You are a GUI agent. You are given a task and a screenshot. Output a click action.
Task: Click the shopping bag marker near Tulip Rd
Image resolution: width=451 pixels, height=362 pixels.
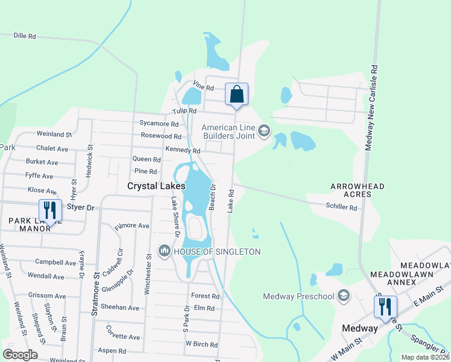(237, 95)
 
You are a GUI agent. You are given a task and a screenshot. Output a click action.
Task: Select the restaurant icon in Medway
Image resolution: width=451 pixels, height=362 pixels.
(385, 306)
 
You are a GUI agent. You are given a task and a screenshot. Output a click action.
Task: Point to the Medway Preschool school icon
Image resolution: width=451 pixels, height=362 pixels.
(344, 296)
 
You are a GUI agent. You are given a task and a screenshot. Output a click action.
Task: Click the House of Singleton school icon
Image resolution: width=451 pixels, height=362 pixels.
(165, 251)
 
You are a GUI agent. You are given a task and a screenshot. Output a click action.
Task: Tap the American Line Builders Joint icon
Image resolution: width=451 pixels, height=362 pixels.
(263, 130)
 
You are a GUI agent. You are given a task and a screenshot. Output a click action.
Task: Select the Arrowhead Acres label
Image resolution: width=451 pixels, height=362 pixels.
(357, 192)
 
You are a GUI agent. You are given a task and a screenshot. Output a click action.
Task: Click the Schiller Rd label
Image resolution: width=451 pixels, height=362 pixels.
(341, 208)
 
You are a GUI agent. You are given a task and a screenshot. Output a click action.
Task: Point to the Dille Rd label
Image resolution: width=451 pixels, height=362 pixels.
(25, 36)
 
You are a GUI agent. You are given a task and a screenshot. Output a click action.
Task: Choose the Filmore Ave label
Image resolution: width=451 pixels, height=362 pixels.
(131, 226)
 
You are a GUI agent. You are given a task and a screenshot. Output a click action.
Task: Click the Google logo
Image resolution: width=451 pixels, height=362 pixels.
(20, 355)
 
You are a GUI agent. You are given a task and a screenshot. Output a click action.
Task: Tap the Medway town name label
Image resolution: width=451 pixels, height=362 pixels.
(359, 329)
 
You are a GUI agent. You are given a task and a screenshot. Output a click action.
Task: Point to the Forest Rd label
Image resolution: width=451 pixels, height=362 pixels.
(205, 296)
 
